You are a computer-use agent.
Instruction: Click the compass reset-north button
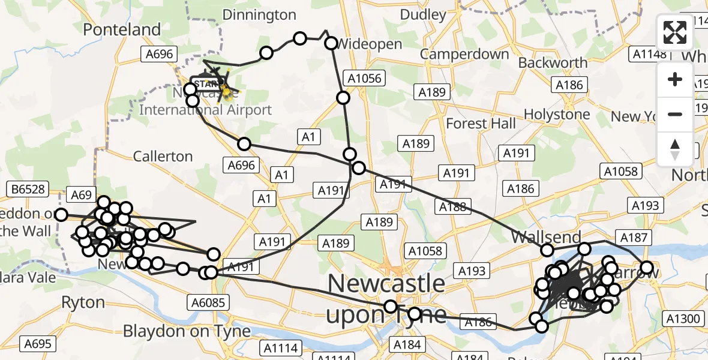tap(675, 149)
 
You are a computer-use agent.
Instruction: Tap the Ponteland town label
tap(122, 29)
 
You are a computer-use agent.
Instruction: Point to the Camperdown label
tap(464, 54)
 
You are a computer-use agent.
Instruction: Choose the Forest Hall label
tap(481, 124)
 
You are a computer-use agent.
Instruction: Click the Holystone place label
tap(557, 114)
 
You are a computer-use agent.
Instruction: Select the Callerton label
tap(163, 157)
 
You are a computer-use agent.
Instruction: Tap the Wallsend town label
tap(546, 237)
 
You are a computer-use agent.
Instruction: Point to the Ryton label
tap(83, 302)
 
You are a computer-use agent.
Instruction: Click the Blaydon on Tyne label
tap(187, 331)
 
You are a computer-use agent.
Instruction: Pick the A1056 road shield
tap(362, 77)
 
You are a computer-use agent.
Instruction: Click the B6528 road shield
tap(26, 190)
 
